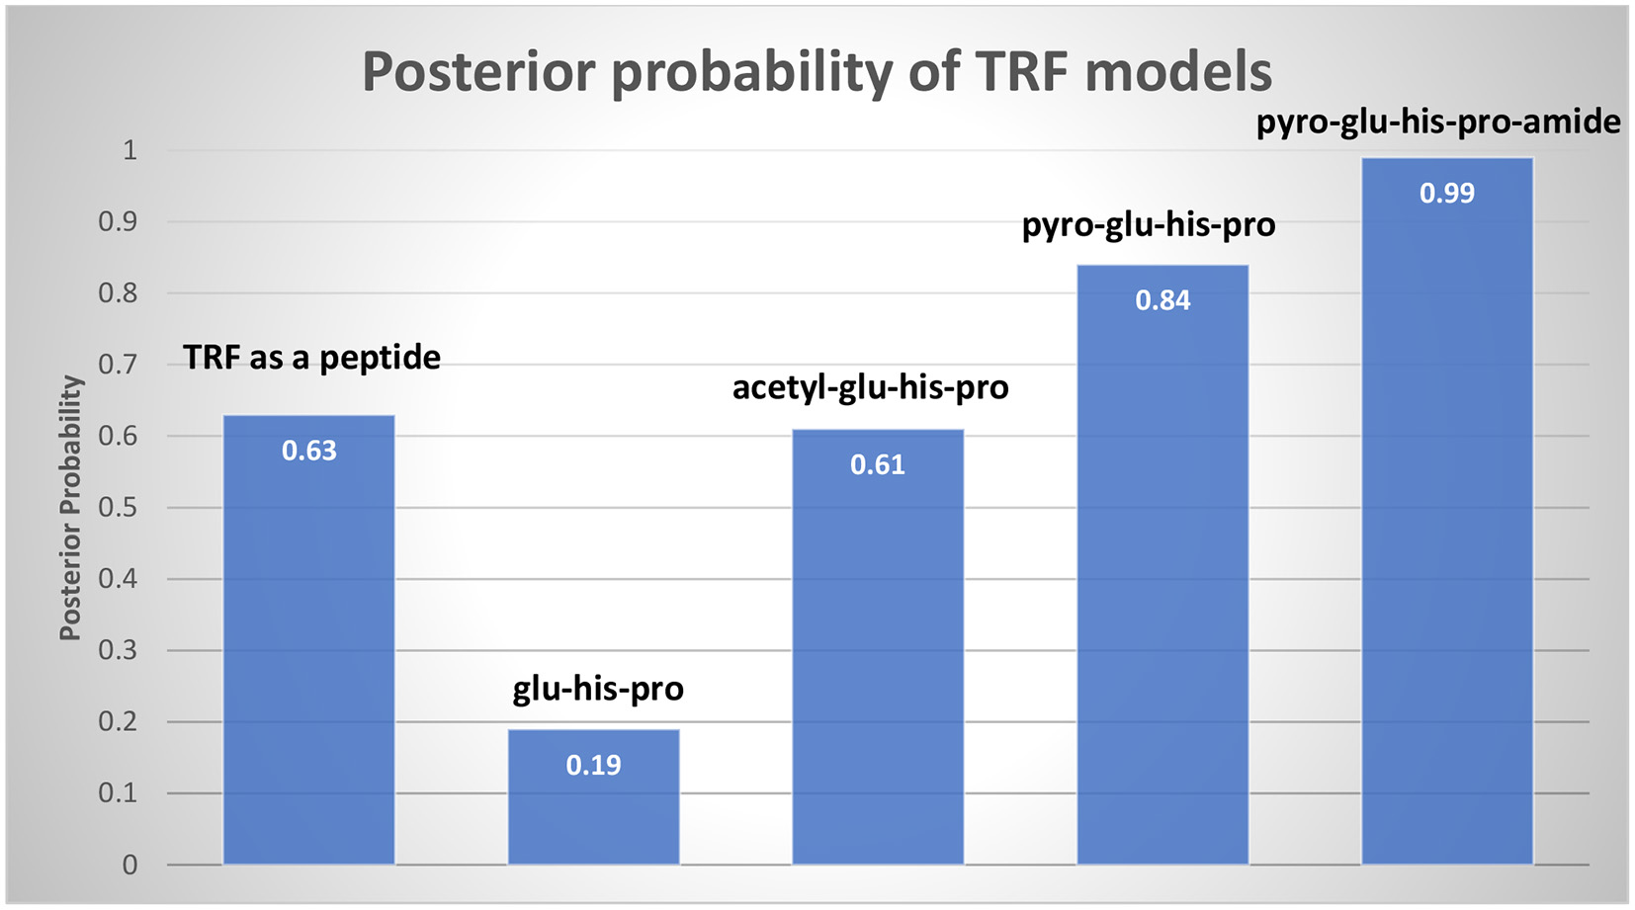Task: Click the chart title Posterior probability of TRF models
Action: click(x=817, y=71)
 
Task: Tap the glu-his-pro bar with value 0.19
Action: click(x=593, y=810)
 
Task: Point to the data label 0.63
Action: click(x=309, y=451)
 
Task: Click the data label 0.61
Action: click(x=878, y=464)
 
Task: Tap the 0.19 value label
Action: click(x=593, y=765)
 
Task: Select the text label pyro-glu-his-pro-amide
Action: click(x=1438, y=122)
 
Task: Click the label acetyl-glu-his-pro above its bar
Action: click(x=870, y=386)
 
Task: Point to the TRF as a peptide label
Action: click(x=311, y=357)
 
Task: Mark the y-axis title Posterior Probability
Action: click(x=70, y=508)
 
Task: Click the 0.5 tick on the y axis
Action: click(x=118, y=508)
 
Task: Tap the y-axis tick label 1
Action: click(x=129, y=150)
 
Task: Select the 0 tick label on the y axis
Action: click(x=129, y=866)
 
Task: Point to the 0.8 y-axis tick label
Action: click(x=118, y=293)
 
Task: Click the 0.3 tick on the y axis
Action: click(x=118, y=651)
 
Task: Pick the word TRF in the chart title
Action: click(x=1022, y=71)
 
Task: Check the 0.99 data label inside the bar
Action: click(x=1447, y=193)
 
